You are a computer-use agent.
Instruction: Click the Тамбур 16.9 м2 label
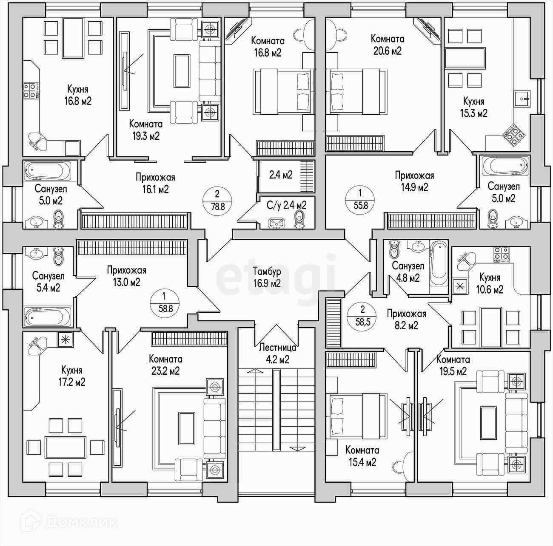267,277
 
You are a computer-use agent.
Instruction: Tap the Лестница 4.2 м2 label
277,353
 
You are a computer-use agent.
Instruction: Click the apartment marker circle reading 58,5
362,316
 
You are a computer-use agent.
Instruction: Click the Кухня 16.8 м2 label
78,95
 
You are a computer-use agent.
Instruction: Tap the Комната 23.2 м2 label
165,365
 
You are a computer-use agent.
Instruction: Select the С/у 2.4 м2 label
286,205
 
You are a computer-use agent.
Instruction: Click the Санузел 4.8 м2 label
408,272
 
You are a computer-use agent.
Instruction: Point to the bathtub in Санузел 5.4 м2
48,317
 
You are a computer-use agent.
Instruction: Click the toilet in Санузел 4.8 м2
394,249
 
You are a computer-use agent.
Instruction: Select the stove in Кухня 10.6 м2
502,255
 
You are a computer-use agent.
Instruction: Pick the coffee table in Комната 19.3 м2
182,71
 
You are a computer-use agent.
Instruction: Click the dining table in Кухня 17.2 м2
65,447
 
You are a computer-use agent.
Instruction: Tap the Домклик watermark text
81,522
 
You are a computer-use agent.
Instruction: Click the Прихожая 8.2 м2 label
406,319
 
